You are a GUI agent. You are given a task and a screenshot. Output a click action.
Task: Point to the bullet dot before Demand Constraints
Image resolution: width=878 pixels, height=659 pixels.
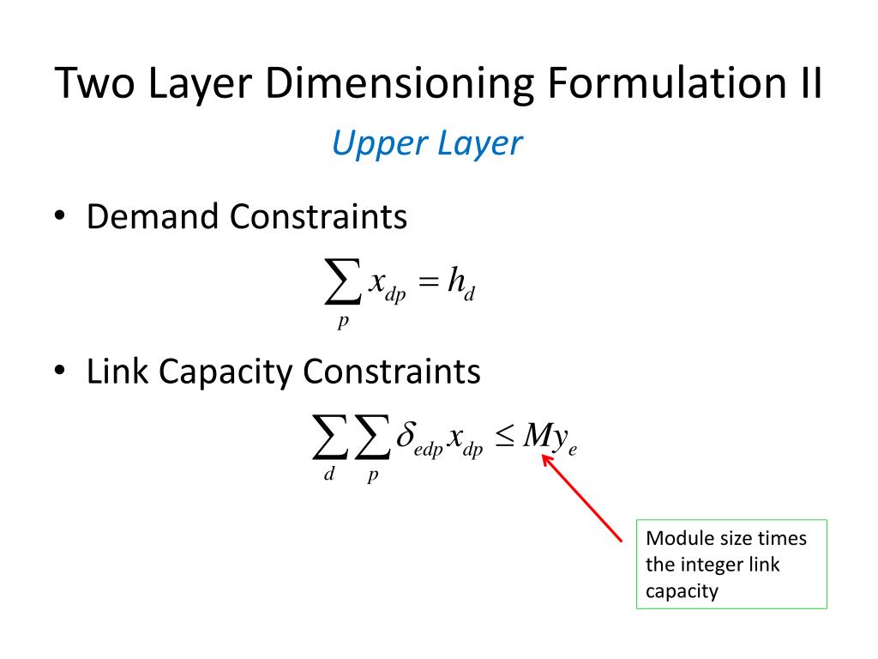pyautogui.click(x=59, y=217)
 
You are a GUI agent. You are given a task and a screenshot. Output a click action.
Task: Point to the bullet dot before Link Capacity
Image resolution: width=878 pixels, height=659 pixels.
pyautogui.click(x=59, y=372)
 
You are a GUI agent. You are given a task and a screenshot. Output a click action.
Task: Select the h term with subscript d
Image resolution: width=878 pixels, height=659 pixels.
pyautogui.click(x=460, y=284)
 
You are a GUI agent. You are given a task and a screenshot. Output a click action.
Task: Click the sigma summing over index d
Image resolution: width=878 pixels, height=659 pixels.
pyautogui.click(x=329, y=440)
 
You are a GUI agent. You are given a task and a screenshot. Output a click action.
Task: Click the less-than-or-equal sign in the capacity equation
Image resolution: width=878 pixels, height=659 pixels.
pyautogui.click(x=505, y=437)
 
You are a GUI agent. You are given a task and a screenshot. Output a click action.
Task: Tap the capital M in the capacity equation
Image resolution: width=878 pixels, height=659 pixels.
pyautogui.click(x=538, y=436)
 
